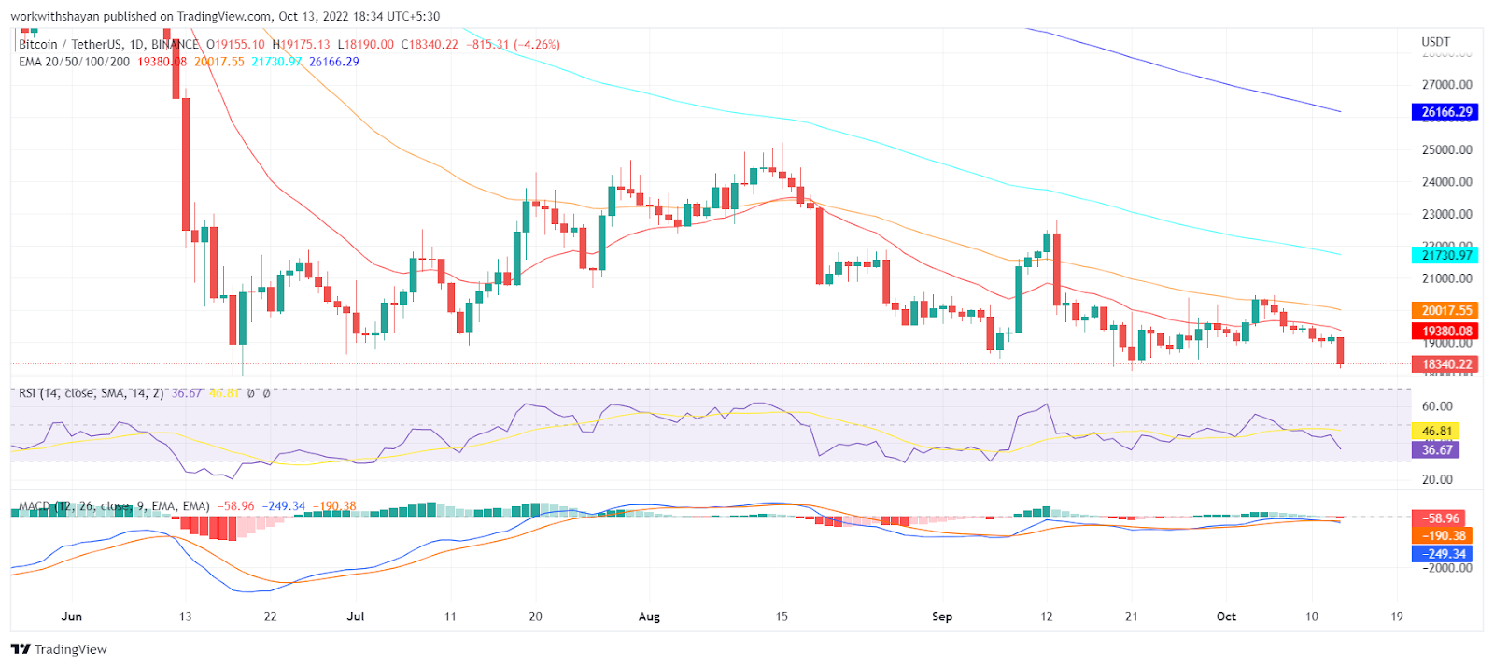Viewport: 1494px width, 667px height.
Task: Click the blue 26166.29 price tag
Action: [1445, 112]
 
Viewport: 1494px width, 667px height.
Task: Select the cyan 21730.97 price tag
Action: [1445, 255]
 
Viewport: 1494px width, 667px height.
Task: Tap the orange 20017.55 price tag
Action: [1445, 311]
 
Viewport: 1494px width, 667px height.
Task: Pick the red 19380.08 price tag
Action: [1445, 331]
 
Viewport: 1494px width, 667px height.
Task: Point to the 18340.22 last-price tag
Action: [1445, 364]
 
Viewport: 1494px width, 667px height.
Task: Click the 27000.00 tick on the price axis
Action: [1446, 85]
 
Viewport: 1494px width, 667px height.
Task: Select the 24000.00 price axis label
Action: [1446, 182]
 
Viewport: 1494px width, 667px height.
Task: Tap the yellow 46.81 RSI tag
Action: [1436, 432]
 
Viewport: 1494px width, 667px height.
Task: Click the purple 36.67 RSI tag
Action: [1436, 450]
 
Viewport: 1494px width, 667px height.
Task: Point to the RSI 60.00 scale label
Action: [1437, 406]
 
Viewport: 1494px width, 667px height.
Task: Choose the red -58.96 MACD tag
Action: [1442, 518]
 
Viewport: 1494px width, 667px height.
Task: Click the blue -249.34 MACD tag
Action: [1444, 554]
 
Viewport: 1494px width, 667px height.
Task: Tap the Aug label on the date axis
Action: [649, 617]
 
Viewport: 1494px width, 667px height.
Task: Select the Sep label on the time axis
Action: [942, 617]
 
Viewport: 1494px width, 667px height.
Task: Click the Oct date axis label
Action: [1226, 617]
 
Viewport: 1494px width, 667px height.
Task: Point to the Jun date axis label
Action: [72, 617]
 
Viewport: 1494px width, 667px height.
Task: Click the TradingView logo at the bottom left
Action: [59, 649]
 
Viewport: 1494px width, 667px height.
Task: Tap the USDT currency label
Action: [1435, 42]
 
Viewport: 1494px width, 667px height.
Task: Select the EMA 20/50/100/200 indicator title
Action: [75, 62]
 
